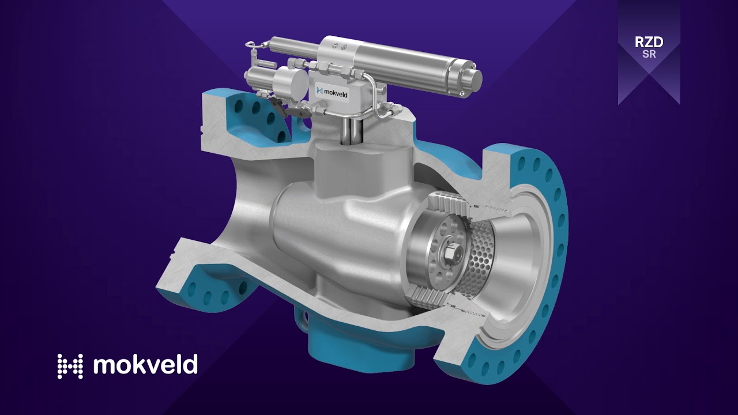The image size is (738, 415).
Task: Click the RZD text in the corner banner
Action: click(649, 43)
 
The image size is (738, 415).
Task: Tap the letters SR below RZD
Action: click(649, 55)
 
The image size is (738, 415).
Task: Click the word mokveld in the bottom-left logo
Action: click(145, 365)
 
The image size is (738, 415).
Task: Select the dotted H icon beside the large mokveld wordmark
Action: click(70, 366)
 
